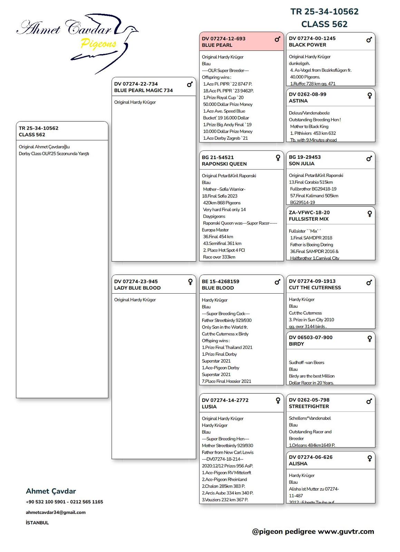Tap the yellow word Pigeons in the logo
[x=98, y=44]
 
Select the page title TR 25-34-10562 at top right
[x=324, y=12]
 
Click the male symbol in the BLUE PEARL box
[x=277, y=39]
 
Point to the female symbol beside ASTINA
[x=369, y=95]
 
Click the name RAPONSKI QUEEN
[x=224, y=164]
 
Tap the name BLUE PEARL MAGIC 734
[x=143, y=90]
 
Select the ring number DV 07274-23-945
[x=136, y=282]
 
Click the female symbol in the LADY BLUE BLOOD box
[x=190, y=282]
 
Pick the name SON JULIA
[x=301, y=164]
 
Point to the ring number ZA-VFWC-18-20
[x=309, y=213]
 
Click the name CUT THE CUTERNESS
[x=315, y=288]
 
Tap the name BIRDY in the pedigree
[x=296, y=344]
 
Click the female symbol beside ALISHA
[x=369, y=458]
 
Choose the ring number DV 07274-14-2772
[x=225, y=400]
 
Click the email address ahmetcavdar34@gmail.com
[x=56, y=512]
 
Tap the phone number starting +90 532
[x=64, y=502]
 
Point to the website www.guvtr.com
[x=346, y=532]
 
